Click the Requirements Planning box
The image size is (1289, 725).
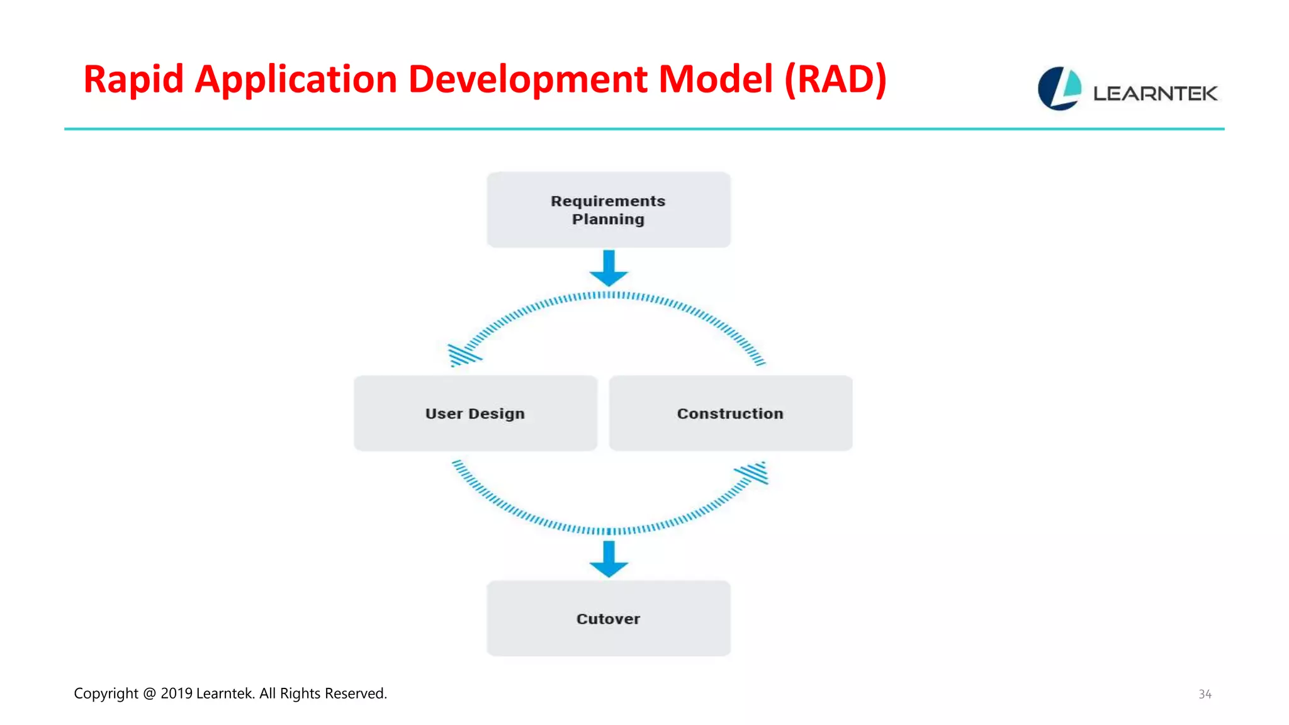click(608, 210)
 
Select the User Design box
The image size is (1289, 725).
click(475, 413)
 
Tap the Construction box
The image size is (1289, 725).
click(730, 413)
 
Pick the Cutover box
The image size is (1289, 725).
click(608, 619)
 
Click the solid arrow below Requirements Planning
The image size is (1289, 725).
click(609, 268)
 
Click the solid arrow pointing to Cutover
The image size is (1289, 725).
click(609, 559)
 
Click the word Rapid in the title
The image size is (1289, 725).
click(133, 80)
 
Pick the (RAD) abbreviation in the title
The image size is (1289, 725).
click(835, 80)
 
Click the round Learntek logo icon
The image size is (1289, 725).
click(1059, 89)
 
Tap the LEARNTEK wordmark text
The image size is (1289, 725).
click(1155, 94)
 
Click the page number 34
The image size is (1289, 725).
click(1205, 694)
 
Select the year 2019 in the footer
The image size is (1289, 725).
click(176, 694)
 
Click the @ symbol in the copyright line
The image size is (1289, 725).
click(149, 694)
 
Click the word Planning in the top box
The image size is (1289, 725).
click(608, 220)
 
